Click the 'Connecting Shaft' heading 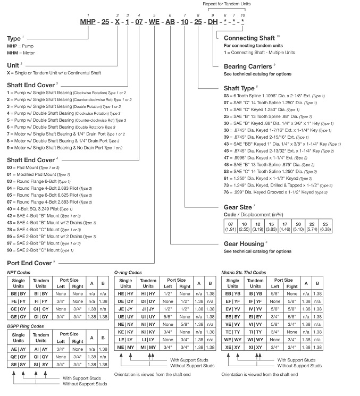(249, 38)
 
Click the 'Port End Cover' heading (30, 263)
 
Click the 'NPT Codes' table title (19, 273)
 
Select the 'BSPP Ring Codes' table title (26, 326)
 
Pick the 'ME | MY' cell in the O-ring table (126, 362)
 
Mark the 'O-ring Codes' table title (129, 273)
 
